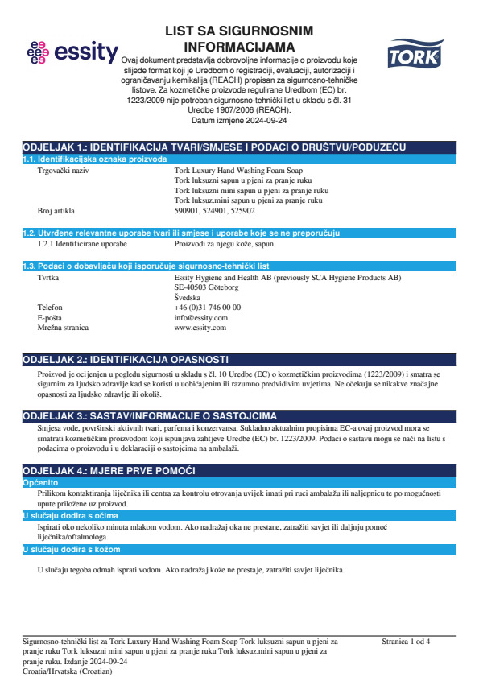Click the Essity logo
coord(72,53)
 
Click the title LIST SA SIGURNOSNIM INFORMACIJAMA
coord(239,37)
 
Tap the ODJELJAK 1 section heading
coord(214,148)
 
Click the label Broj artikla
coord(56,210)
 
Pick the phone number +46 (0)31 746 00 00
coord(207,307)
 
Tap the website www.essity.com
coord(200,328)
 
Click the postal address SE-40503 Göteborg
coord(206,287)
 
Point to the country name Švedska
coord(188,297)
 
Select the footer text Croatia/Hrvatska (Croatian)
coord(68,670)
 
